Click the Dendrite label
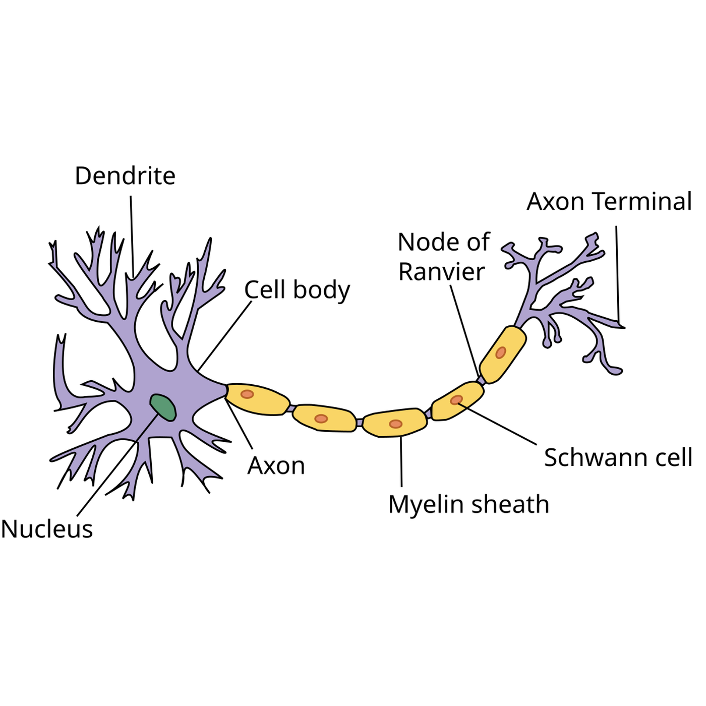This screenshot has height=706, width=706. point(125,176)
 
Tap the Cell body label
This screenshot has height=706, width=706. point(297,290)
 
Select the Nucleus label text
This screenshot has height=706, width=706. point(47,529)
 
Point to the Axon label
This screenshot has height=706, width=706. point(276,466)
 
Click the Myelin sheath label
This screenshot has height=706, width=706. point(468,504)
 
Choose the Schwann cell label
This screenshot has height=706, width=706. point(618,458)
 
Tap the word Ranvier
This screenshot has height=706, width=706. point(441,272)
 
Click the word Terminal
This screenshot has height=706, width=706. point(642,201)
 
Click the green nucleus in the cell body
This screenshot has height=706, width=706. point(163,407)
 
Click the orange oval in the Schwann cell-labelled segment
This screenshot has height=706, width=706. point(456,400)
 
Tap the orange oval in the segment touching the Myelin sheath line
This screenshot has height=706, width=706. point(395,424)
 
